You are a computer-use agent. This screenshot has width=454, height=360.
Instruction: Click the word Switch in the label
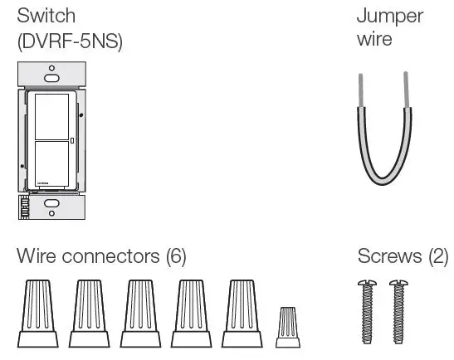[40, 17]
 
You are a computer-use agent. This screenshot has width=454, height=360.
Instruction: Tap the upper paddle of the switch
[51, 115]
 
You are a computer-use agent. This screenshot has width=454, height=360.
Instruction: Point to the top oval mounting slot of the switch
[51, 76]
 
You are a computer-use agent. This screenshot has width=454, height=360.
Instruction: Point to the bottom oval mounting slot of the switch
[51, 204]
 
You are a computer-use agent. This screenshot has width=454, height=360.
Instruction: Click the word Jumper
[389, 17]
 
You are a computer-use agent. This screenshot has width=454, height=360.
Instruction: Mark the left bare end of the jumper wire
[361, 88]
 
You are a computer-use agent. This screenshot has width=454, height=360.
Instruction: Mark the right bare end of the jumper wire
[405, 88]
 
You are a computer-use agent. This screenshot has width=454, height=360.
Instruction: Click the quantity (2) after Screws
[437, 256]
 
